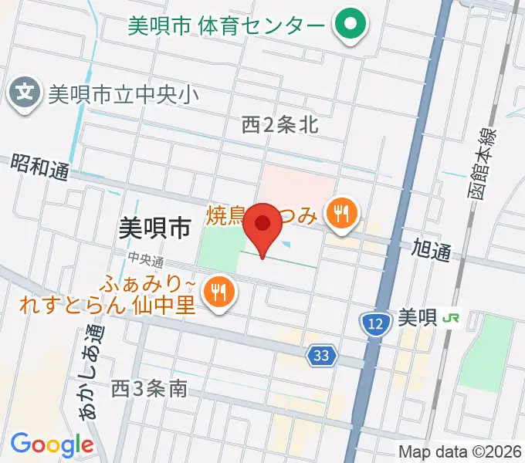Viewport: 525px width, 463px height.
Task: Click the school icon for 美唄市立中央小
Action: tap(25, 94)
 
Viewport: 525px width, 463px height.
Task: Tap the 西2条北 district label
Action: tap(279, 124)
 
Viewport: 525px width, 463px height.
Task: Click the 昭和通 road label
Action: tap(39, 166)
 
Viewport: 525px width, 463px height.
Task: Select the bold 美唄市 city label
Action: tap(155, 226)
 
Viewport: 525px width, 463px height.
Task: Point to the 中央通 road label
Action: tap(147, 260)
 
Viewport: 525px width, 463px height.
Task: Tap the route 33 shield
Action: tap(322, 355)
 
